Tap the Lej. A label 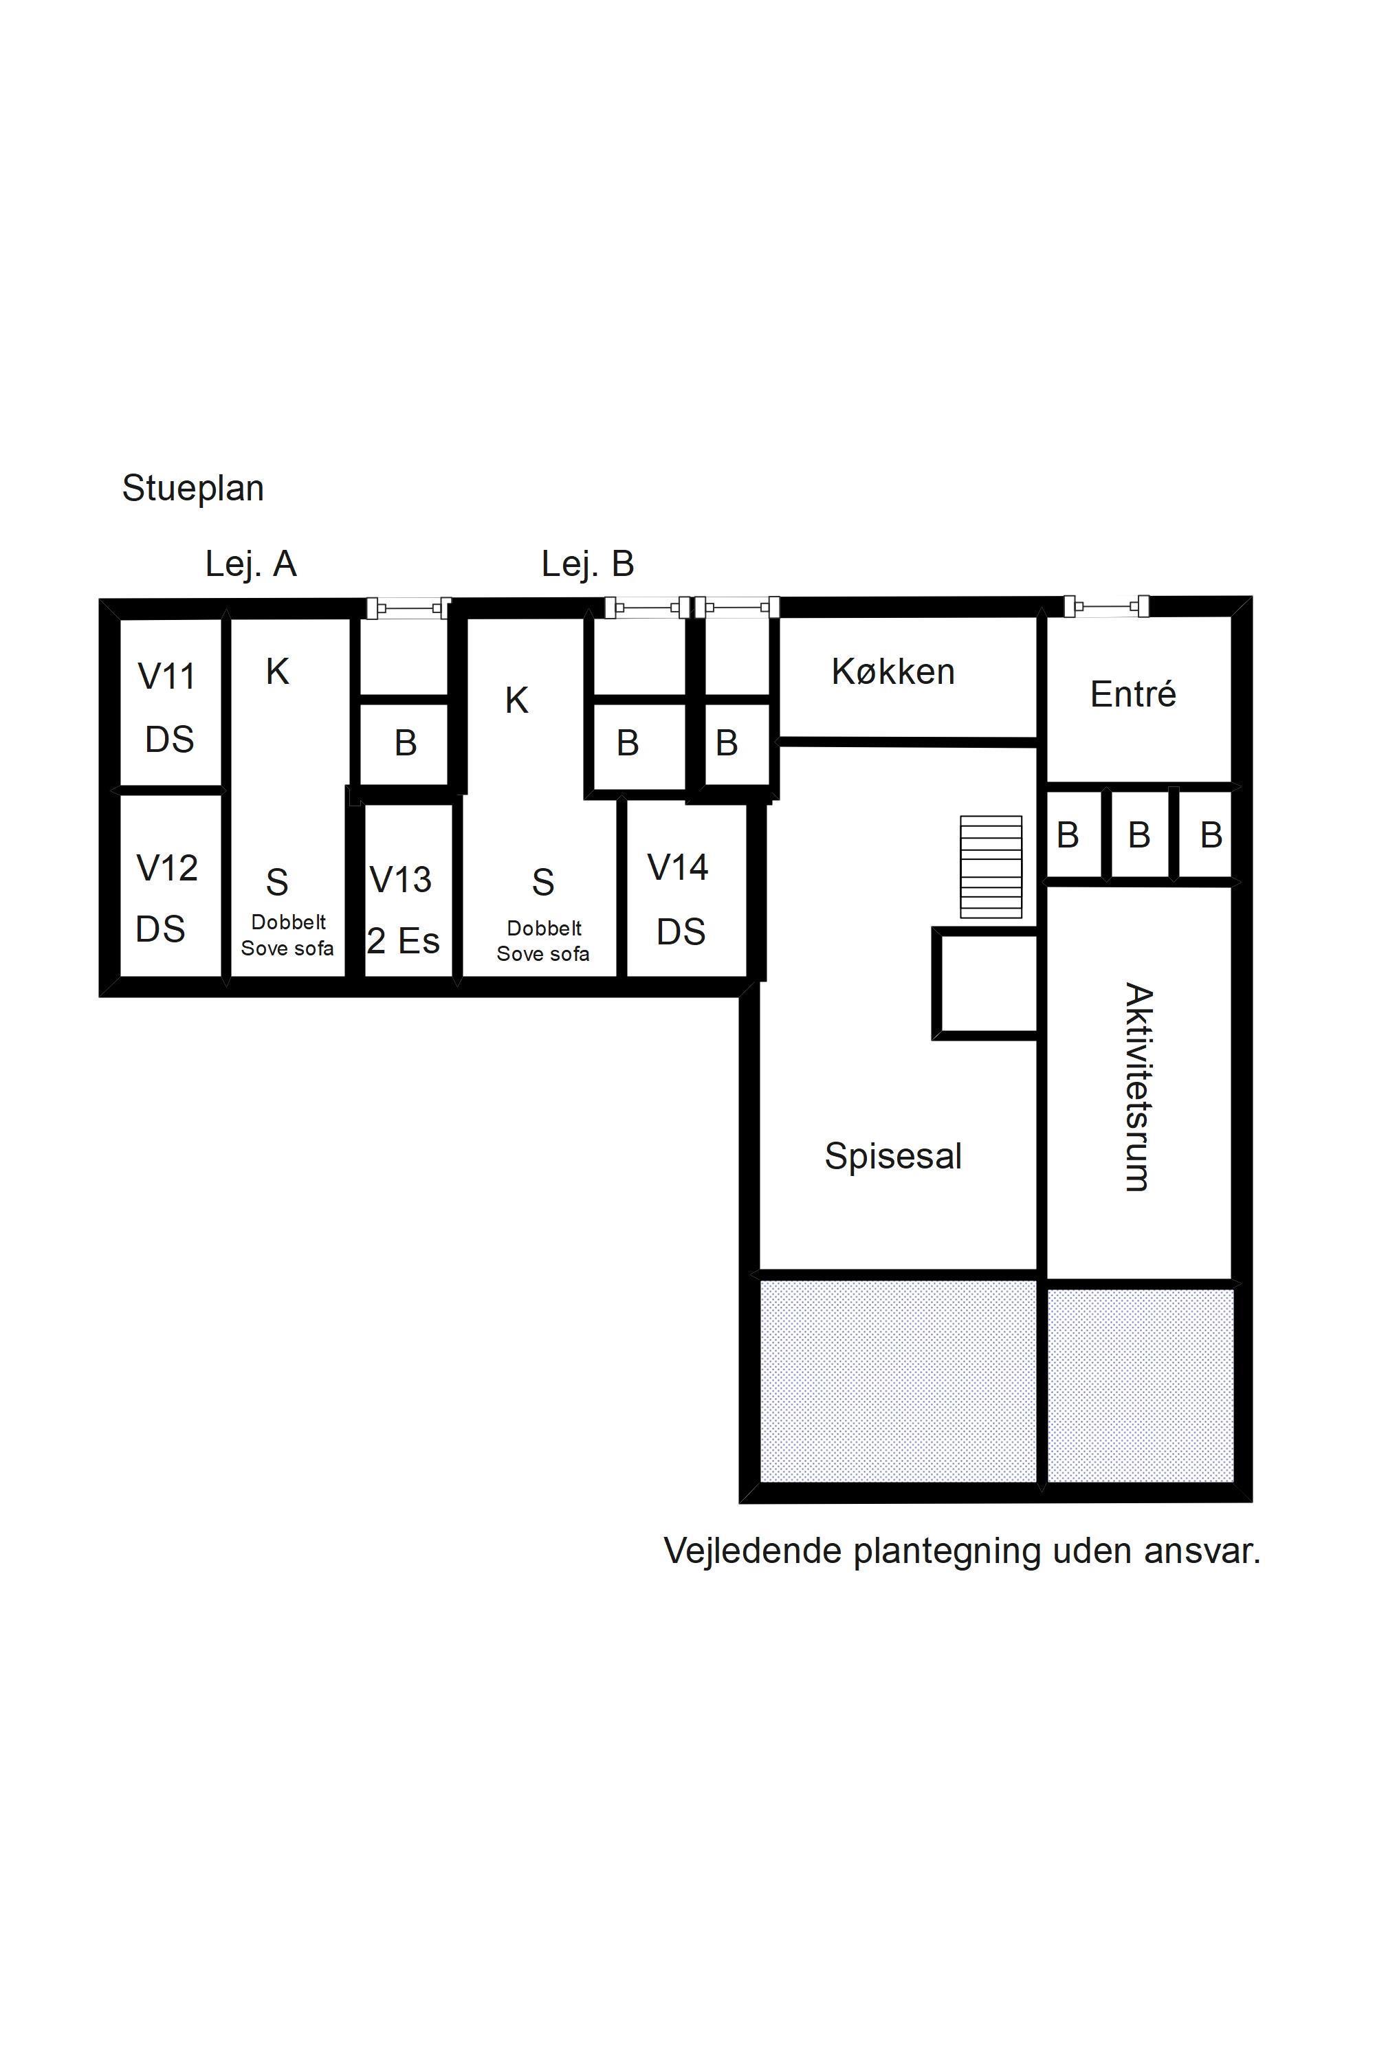point(251,564)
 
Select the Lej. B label point(588,563)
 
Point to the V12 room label point(166,868)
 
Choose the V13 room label point(401,879)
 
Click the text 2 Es point(404,941)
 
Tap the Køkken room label point(892,672)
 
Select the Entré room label point(1133,694)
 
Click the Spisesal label point(892,1156)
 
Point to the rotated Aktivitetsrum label point(1137,1087)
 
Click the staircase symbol point(991,867)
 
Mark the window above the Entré point(1107,606)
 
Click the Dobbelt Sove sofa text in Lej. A point(287,935)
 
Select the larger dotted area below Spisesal point(898,1382)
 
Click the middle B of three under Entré point(1139,834)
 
